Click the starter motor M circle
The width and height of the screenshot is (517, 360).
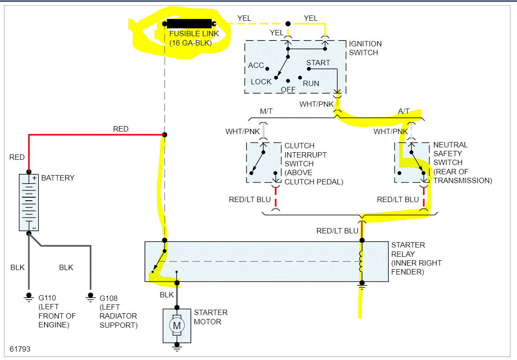(x=176, y=326)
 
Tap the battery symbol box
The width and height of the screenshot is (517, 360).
(x=29, y=202)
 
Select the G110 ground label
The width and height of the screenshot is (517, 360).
(x=47, y=298)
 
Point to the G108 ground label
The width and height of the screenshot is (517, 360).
(x=109, y=298)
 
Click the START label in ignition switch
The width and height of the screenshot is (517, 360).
(x=318, y=63)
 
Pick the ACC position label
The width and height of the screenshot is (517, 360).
(x=256, y=65)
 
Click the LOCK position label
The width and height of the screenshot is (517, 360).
(x=261, y=82)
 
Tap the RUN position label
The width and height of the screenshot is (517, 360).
(x=311, y=83)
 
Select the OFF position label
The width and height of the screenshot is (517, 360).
(x=288, y=90)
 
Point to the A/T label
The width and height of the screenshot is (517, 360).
(x=404, y=111)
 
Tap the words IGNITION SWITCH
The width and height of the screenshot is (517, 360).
(x=365, y=48)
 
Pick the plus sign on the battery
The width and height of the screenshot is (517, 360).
(x=34, y=178)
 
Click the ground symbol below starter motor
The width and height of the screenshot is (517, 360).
(x=177, y=348)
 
